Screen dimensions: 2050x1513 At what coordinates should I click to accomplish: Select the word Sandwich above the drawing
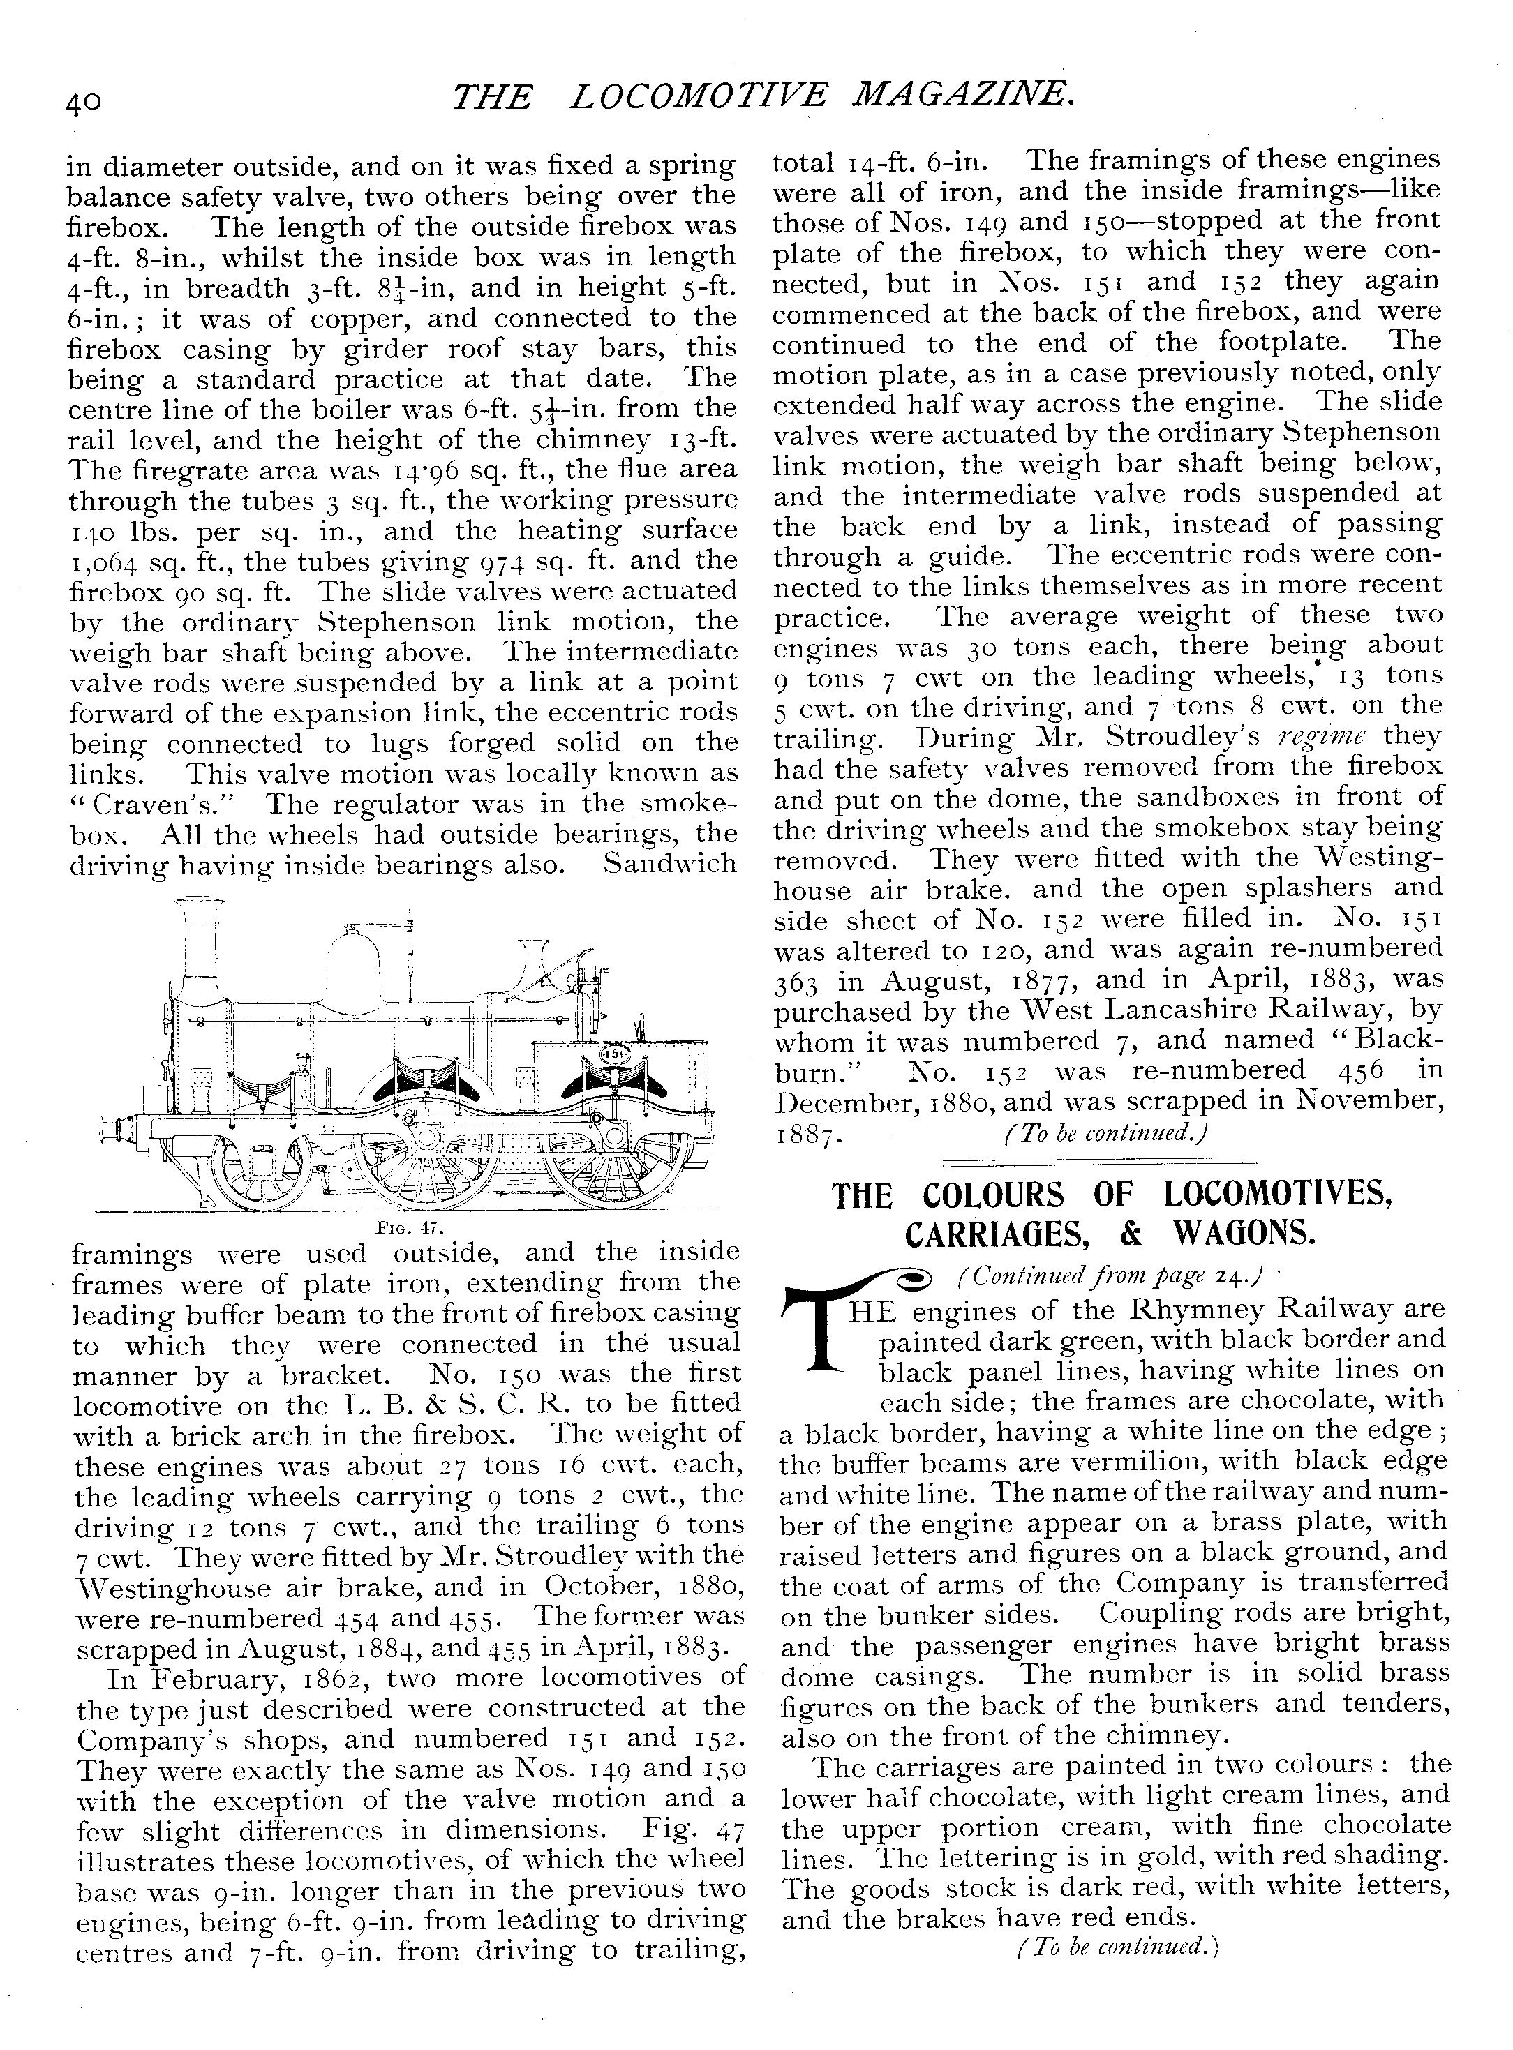[669, 863]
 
